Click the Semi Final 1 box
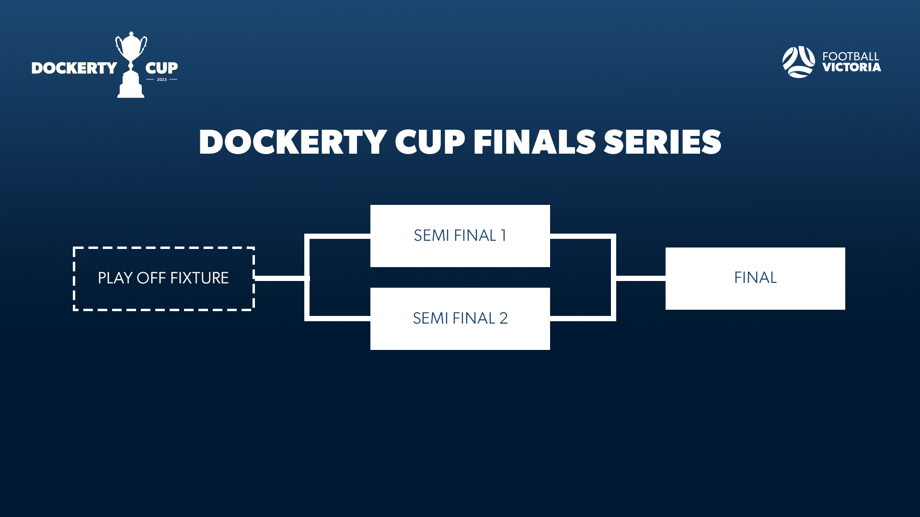click(460, 236)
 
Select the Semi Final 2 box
click(460, 319)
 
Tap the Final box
click(755, 278)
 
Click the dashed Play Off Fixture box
click(163, 279)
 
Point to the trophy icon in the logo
click(131, 65)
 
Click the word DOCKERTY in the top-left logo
click(74, 68)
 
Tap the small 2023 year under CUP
click(162, 79)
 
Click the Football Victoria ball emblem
click(798, 62)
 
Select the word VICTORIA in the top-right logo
click(851, 67)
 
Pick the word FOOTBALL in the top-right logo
click(851, 56)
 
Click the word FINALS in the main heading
click(534, 142)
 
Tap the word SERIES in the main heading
click(662, 142)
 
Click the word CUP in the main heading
click(430, 142)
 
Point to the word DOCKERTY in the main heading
click(293, 142)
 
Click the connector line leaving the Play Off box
click(279, 278)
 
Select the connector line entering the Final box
click(641, 278)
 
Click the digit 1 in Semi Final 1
click(503, 236)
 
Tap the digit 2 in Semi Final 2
click(503, 318)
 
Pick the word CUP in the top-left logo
click(161, 67)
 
